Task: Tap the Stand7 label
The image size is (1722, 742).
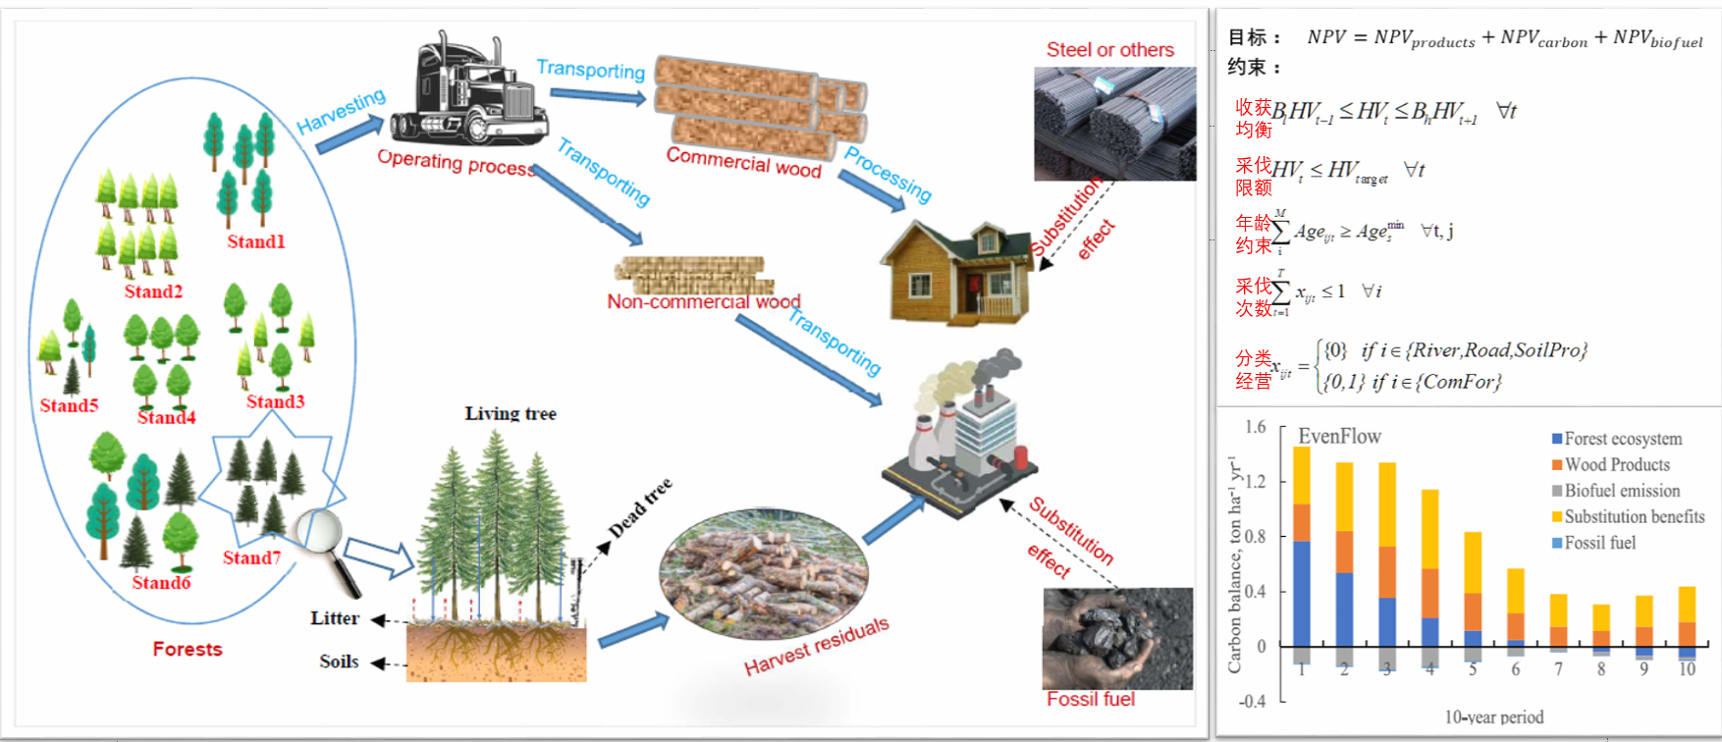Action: (251, 557)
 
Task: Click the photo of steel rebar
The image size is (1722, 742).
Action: (1114, 123)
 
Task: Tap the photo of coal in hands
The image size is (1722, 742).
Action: (1117, 638)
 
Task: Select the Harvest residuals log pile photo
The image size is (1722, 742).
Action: (764, 574)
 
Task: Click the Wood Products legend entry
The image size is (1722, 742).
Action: (1616, 464)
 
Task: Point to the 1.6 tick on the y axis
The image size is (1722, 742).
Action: (1255, 427)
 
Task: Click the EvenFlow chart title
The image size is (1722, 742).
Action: (1339, 436)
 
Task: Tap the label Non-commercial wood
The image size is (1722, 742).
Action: (703, 301)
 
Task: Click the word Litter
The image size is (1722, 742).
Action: (335, 618)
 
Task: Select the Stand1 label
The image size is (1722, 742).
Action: (255, 241)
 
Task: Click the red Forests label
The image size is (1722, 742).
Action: (188, 649)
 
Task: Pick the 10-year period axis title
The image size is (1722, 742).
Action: (1493, 716)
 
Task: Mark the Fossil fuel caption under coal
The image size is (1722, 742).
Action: (1090, 699)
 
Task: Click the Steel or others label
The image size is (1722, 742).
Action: (1109, 50)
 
